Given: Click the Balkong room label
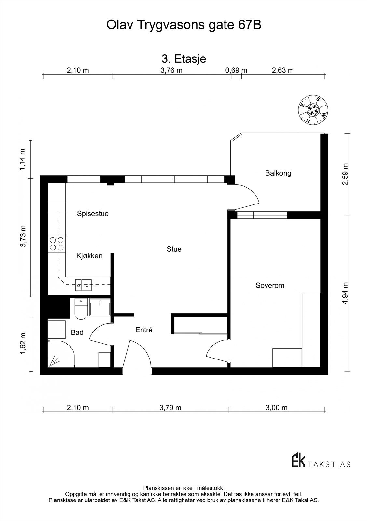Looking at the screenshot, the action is [x=278, y=173].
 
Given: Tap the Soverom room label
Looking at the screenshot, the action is [x=270, y=285].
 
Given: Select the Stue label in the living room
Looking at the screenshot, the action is [x=174, y=249].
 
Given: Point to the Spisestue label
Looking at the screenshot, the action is [x=93, y=214].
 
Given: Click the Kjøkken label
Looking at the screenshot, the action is [x=89, y=256].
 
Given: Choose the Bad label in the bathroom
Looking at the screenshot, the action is [x=77, y=332].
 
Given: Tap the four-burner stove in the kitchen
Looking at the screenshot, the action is [x=57, y=244].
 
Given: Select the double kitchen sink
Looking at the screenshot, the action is [x=83, y=285].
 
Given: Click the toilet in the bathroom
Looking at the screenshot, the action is [x=81, y=309].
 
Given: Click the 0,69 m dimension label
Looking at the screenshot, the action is [x=236, y=70].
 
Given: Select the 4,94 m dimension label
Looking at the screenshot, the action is [x=345, y=293].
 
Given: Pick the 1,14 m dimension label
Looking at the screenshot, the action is [x=22, y=160].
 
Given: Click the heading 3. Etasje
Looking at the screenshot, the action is [x=184, y=59].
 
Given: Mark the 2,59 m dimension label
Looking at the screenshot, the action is [x=345, y=174].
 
